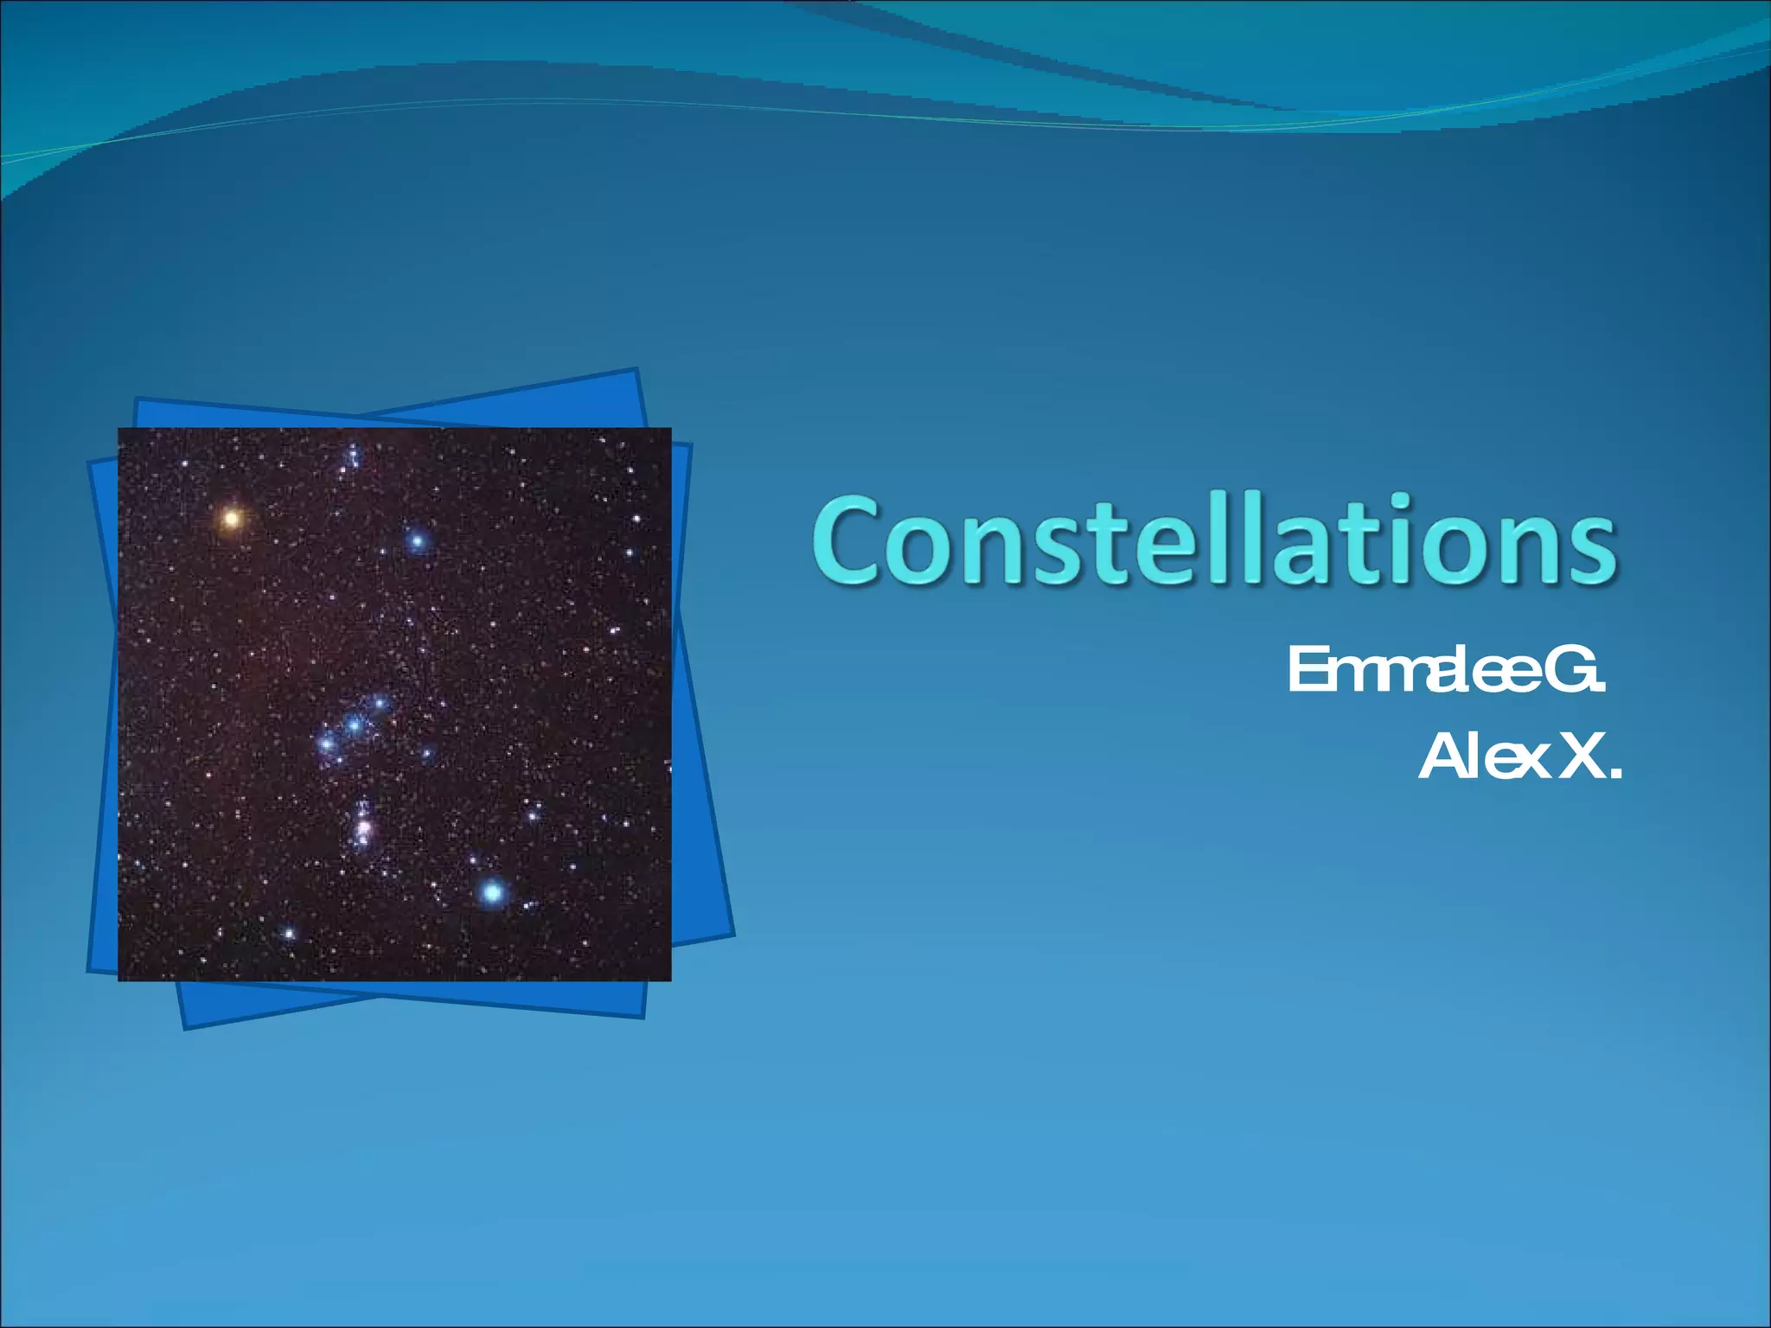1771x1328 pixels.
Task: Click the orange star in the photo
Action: point(231,519)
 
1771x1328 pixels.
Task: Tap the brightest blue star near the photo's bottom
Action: point(492,891)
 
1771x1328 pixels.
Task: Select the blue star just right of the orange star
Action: point(418,542)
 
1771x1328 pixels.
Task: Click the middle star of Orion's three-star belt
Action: point(354,725)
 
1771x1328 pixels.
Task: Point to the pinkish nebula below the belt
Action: point(363,827)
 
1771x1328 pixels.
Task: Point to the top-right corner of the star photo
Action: point(670,429)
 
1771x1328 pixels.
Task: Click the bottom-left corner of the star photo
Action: point(119,980)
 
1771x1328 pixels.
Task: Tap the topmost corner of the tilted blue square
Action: point(636,370)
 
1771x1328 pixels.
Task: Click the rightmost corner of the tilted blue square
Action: point(733,935)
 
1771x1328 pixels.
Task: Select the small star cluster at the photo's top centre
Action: point(352,456)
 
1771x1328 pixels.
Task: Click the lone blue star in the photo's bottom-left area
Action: point(289,933)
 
